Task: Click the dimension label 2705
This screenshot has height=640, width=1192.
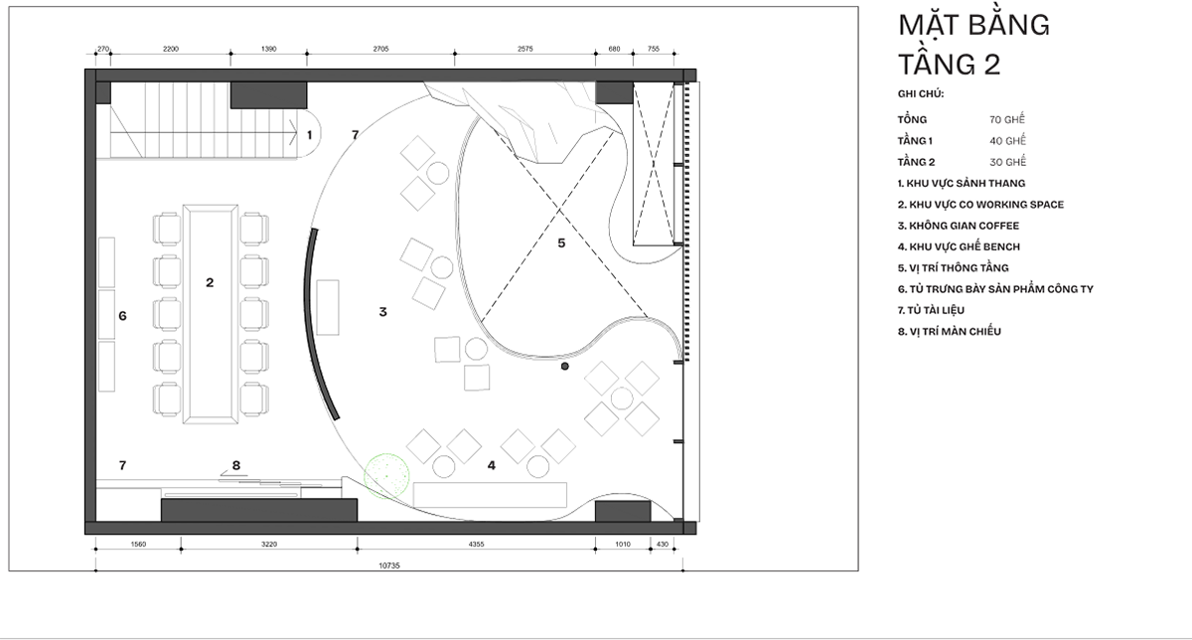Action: (x=380, y=49)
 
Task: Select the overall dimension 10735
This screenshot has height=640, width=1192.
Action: (x=389, y=565)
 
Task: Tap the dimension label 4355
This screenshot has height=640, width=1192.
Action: (x=476, y=545)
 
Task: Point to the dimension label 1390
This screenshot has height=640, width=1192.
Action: (x=269, y=49)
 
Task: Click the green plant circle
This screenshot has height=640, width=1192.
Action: (x=386, y=476)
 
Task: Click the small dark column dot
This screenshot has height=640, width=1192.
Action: (x=564, y=367)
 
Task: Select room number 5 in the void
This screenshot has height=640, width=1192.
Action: (x=561, y=243)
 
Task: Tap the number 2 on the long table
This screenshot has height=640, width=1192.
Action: (x=210, y=282)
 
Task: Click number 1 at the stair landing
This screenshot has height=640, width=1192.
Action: (x=309, y=135)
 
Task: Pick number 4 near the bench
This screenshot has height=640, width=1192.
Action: (x=491, y=466)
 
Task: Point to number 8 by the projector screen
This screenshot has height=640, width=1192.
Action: (x=236, y=465)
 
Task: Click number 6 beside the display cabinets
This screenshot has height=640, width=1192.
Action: (x=122, y=316)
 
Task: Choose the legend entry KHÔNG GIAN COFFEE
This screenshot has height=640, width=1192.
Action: (x=959, y=226)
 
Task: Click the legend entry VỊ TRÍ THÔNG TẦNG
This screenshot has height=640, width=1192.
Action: (x=953, y=267)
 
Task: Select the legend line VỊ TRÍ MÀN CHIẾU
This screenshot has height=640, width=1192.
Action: (x=950, y=331)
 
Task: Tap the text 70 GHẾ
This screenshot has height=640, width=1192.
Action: (x=1007, y=119)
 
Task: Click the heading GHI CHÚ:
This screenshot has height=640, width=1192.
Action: (x=921, y=94)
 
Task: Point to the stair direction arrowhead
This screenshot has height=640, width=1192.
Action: (x=293, y=132)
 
